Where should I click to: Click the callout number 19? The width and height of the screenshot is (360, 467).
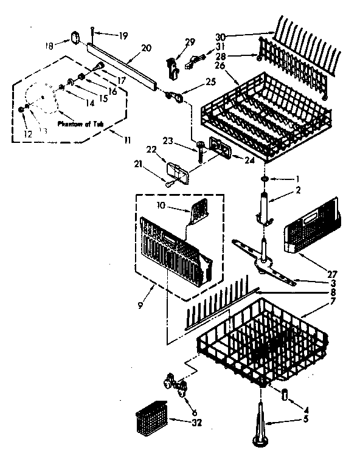pos(125,36)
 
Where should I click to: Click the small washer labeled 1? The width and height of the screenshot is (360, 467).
pos(266,179)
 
